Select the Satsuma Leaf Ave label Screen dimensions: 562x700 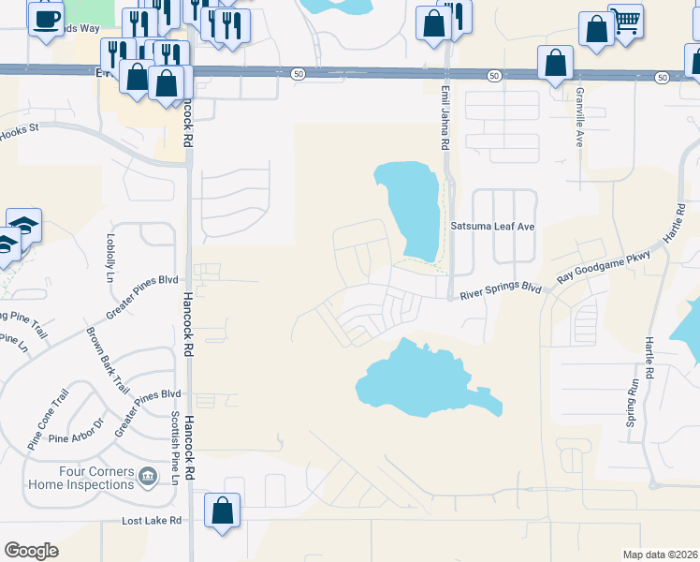[492, 227]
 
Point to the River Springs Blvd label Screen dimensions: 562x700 [500, 289]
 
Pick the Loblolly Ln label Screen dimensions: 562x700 [110, 259]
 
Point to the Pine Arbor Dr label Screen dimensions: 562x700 [79, 437]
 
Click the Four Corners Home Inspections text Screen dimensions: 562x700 [80, 478]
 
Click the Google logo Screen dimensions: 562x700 [31, 551]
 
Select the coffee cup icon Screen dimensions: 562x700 [46, 18]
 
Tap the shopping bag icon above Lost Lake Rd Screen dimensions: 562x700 [222, 511]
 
